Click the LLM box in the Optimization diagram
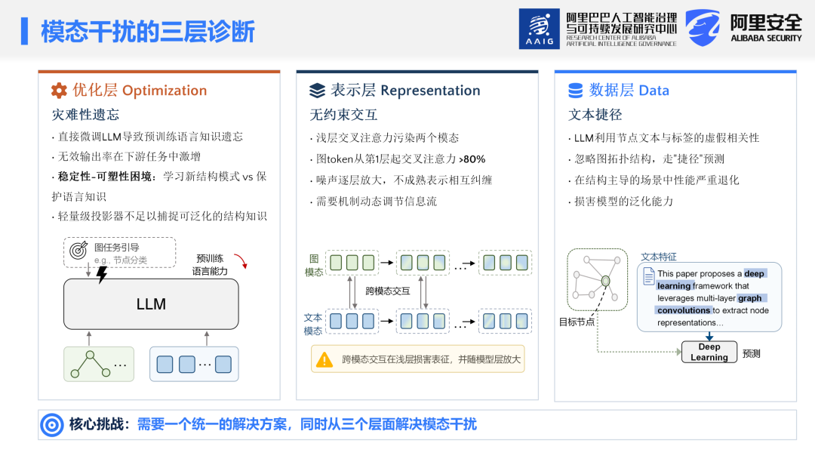[x=151, y=304]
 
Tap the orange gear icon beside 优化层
[x=60, y=91]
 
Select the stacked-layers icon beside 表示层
[x=317, y=91]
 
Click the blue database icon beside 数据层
[x=575, y=91]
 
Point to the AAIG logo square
[x=539, y=29]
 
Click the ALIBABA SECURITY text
[x=766, y=38]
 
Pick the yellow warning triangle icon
[x=324, y=359]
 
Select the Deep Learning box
[x=709, y=352]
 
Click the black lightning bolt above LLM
[x=102, y=275]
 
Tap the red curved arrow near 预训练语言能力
[x=241, y=260]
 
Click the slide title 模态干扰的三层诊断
[x=148, y=31]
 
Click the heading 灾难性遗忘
[x=85, y=114]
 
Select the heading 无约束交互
[x=343, y=114]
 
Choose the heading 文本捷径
[x=595, y=114]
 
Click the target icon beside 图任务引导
[x=78, y=251]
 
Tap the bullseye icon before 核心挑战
[x=52, y=425]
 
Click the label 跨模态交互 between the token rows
[x=388, y=291]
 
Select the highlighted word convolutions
[x=683, y=310]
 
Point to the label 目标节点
[x=577, y=322]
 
